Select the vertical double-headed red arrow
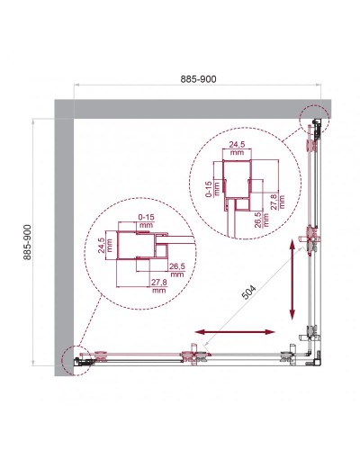click(x=293, y=278)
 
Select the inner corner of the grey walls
click(x=76, y=120)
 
